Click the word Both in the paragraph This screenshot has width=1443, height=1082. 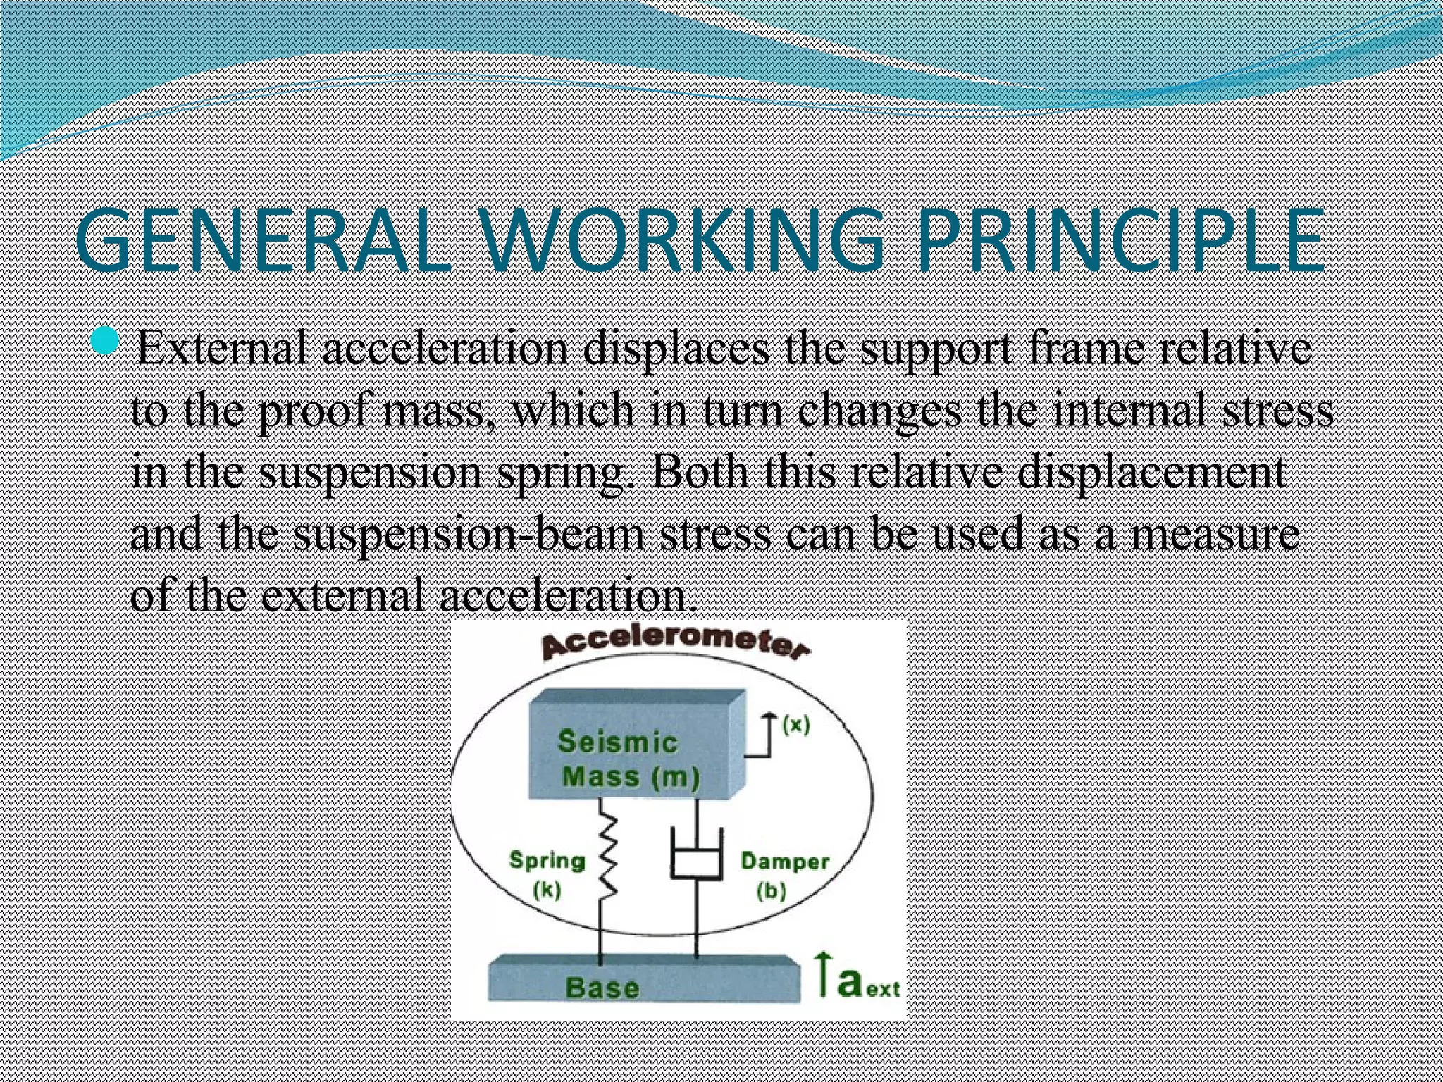coord(698,472)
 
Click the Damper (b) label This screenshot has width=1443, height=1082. coord(784,875)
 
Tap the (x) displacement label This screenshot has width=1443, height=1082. coord(797,724)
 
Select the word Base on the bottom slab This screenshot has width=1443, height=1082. coord(602,988)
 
